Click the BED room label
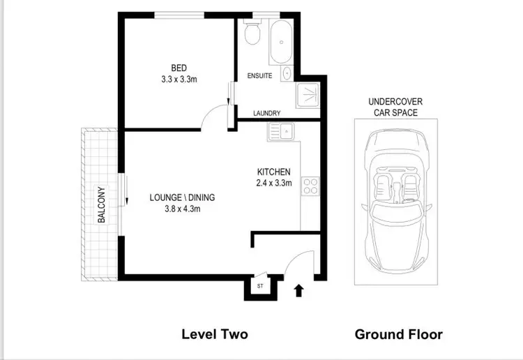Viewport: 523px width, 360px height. click(x=179, y=68)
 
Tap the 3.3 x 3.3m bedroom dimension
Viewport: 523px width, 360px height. click(x=179, y=79)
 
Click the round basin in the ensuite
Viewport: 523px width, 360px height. click(x=287, y=73)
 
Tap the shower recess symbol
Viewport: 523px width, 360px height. click(x=308, y=97)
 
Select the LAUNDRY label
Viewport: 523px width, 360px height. click(x=266, y=113)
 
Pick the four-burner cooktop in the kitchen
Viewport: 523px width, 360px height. click(x=310, y=186)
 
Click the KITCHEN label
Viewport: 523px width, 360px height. click(x=273, y=172)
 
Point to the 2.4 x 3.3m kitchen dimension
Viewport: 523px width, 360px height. click(x=273, y=184)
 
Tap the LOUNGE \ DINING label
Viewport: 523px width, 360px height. click(x=182, y=197)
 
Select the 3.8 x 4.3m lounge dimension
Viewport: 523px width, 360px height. click(x=182, y=209)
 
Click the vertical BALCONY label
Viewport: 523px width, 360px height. click(x=102, y=204)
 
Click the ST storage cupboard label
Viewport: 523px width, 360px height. click(x=259, y=286)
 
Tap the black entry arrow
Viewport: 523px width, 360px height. click(x=299, y=289)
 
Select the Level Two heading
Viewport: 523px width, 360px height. click(x=214, y=334)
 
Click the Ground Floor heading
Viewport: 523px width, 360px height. click(x=398, y=334)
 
